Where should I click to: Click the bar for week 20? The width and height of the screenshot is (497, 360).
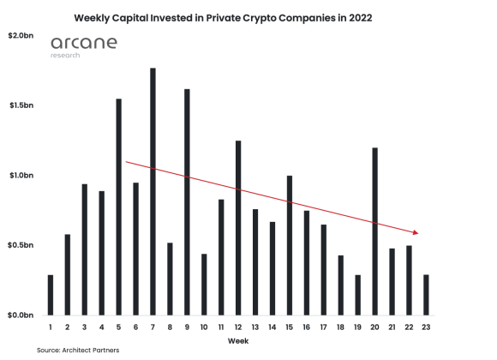point(375,231)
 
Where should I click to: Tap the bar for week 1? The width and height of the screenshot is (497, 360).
point(51,295)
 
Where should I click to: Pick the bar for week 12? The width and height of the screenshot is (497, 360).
point(238,228)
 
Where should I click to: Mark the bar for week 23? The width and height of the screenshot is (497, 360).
point(427,295)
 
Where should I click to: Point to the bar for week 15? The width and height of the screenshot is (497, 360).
point(290,245)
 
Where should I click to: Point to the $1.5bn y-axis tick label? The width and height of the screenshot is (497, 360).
point(20,105)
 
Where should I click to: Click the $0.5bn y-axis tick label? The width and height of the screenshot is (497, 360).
point(20,245)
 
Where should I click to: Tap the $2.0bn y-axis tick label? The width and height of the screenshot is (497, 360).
point(20,36)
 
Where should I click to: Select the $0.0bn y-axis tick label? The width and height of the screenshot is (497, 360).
point(20,315)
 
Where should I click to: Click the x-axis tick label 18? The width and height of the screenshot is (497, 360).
point(341,327)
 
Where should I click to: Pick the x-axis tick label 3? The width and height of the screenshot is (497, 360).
point(85,327)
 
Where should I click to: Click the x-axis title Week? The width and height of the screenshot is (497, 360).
point(238,341)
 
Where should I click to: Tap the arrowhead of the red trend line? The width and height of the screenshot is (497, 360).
point(416,231)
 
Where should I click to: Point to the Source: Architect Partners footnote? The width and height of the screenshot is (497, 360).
point(78,351)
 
